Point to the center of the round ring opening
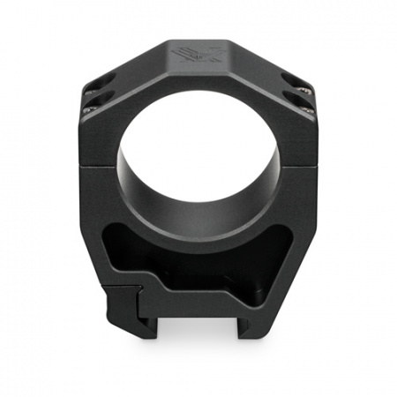(198, 154)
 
